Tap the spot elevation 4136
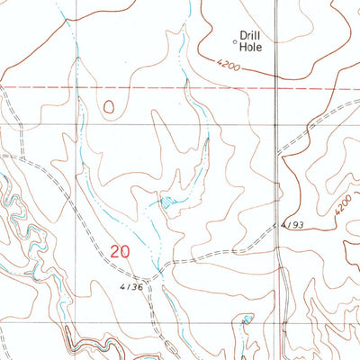130,286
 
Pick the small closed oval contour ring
109,107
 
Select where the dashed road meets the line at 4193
278,227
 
